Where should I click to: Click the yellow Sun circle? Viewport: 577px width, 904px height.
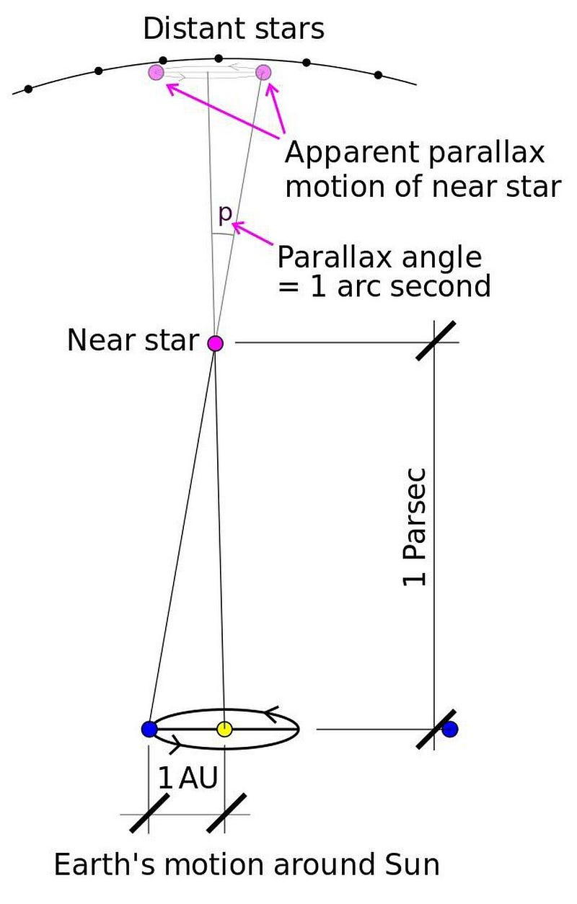(x=224, y=730)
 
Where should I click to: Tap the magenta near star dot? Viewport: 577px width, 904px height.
(x=215, y=343)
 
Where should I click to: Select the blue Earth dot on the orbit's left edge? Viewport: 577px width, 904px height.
(x=149, y=730)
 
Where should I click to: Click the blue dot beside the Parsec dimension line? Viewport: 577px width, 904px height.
(x=450, y=730)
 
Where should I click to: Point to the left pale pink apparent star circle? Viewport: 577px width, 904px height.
(x=157, y=73)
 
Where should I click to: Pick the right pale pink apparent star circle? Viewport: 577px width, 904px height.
(x=263, y=73)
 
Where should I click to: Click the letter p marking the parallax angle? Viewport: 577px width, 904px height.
(x=225, y=214)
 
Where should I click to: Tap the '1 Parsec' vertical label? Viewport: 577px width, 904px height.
(x=414, y=527)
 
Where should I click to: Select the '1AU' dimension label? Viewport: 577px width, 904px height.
(x=188, y=778)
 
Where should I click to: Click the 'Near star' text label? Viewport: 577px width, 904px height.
(x=133, y=340)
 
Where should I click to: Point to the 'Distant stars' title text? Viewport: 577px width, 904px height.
(x=234, y=29)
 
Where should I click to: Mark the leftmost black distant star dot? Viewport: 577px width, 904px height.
(x=28, y=89)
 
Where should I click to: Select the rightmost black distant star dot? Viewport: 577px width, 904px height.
(x=379, y=75)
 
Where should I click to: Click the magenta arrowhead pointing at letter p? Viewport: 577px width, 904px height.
(x=238, y=226)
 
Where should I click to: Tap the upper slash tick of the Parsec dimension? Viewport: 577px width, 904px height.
(x=436, y=340)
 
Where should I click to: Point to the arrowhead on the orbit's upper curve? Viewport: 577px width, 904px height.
(x=270, y=714)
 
